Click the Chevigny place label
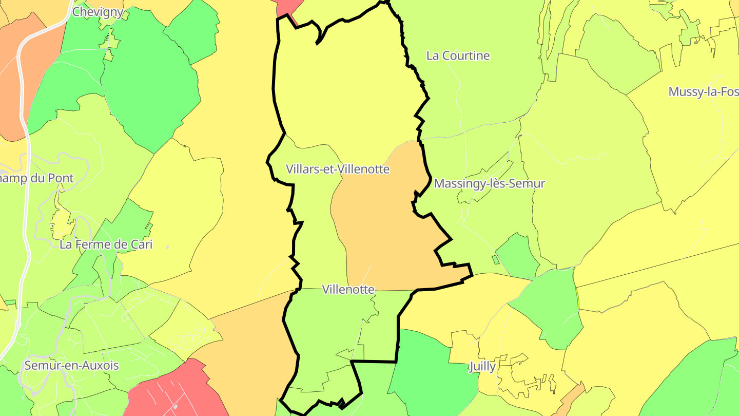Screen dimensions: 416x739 click(98, 12)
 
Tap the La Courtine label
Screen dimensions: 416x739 click(458, 55)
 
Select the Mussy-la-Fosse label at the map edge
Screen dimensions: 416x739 click(703, 92)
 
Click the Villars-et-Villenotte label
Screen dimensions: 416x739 click(338, 169)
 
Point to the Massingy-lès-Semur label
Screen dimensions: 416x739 click(489, 183)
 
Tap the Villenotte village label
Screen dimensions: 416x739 click(348, 289)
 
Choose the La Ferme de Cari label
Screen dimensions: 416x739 click(106, 244)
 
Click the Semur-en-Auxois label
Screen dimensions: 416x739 click(72, 366)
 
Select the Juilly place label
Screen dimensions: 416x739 click(482, 366)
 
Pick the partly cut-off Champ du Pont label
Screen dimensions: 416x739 click(37, 178)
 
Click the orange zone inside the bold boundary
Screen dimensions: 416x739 click(385, 231)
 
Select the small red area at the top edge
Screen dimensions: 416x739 click(287, 7)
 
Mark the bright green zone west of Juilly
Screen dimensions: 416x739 click(431, 370)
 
